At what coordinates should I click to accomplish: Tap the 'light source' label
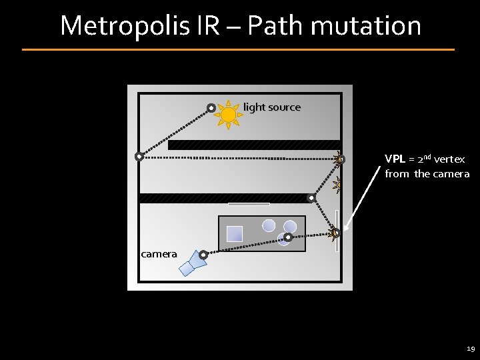pos(271,107)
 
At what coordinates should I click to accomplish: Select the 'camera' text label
pos(159,253)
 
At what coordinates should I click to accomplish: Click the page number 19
pos(471,349)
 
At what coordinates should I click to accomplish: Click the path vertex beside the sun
pos(211,107)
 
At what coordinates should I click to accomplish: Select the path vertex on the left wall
pos(139,157)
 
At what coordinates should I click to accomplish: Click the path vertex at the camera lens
pos(203,254)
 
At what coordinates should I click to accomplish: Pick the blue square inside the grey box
pos(234,234)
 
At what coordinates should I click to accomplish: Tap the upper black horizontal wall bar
pos(253,145)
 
